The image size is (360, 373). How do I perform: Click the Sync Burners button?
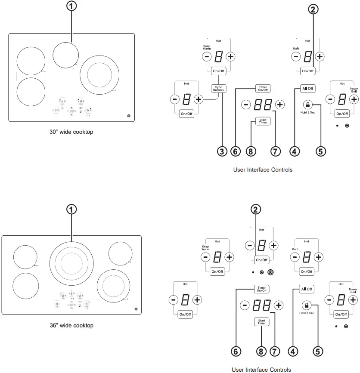pyautogui.click(x=219, y=89)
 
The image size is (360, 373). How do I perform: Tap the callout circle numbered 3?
pyautogui.click(x=222, y=151)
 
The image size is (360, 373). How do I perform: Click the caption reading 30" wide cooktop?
pyautogui.click(x=71, y=132)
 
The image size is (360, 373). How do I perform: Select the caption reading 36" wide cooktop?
pyautogui.click(x=71, y=325)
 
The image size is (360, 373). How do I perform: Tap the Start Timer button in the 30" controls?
pyautogui.click(x=262, y=122)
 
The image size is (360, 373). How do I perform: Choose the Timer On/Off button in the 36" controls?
pyautogui.click(x=261, y=289)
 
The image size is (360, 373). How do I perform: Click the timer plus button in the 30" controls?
pyautogui.click(x=280, y=105)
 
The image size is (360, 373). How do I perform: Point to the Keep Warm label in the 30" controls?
pyautogui.click(x=207, y=48)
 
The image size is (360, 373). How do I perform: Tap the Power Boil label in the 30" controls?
pyautogui.click(x=354, y=90)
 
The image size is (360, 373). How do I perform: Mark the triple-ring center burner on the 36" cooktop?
pyautogui.click(x=71, y=262)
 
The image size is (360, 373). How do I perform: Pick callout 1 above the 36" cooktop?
pyautogui.click(x=71, y=209)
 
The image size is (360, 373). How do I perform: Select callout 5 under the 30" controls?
pyautogui.click(x=320, y=151)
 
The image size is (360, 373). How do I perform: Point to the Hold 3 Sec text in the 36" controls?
pyautogui.click(x=307, y=313)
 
